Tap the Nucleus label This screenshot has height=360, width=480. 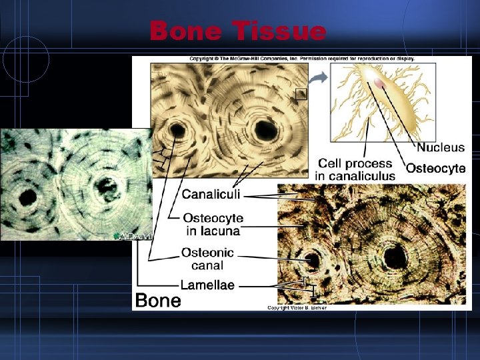[x=440, y=147]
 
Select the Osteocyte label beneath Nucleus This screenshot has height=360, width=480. [x=435, y=169]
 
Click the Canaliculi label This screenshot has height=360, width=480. [x=212, y=195]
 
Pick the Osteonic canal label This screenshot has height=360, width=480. [x=208, y=259]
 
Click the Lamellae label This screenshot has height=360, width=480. [x=207, y=285]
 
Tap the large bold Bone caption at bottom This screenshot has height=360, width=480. [x=158, y=301]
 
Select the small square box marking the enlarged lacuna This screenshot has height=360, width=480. [x=301, y=94]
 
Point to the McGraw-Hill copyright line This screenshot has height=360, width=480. [x=301, y=59]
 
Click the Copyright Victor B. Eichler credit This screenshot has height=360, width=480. [x=297, y=307]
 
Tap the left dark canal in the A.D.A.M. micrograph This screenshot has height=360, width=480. [x=28, y=197]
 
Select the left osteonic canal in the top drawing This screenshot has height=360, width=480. [x=178, y=129]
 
